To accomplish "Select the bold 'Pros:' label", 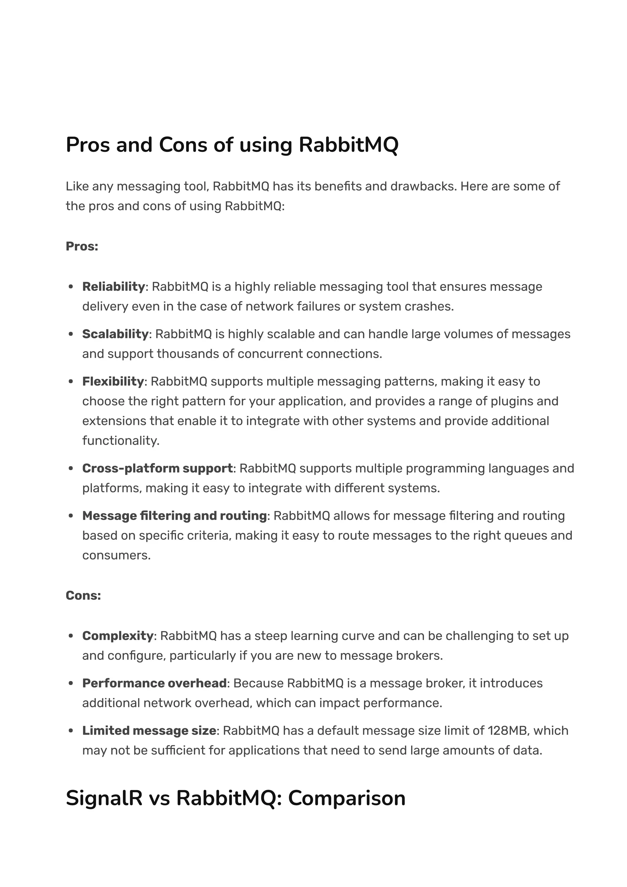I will click(x=82, y=246).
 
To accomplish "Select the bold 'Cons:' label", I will click(x=83, y=595).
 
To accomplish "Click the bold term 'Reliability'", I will click(x=114, y=287).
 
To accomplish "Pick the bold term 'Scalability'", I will click(x=115, y=334).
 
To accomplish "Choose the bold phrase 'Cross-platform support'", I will click(x=158, y=468).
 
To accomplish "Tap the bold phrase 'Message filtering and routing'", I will click(x=175, y=516).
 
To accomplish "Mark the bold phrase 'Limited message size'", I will click(x=149, y=731).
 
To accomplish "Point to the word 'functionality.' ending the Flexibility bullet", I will click(x=121, y=440).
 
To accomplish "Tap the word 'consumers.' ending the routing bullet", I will click(x=116, y=555).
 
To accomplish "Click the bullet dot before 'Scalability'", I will click(x=71, y=334).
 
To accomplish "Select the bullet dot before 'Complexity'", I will click(x=71, y=636).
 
